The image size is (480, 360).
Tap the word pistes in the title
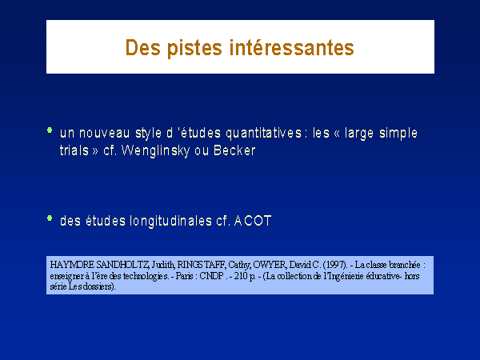point(194,48)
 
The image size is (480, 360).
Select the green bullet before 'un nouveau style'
point(50,130)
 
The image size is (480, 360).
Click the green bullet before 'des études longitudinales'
point(50,218)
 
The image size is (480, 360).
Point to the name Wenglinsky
point(155,151)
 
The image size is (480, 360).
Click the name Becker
point(234,150)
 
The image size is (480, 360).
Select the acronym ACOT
point(253,221)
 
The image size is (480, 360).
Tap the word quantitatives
point(263,134)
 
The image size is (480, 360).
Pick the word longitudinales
point(171,221)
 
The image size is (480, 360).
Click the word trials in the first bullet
point(74,150)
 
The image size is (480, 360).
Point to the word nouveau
point(104,133)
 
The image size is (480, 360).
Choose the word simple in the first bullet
point(398,134)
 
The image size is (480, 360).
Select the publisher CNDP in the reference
point(211,276)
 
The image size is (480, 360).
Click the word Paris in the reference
point(184,276)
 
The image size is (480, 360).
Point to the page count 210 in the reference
point(241,276)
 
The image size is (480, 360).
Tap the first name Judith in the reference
point(163,265)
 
